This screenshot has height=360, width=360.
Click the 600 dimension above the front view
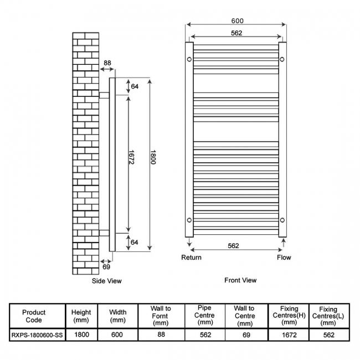coord(238,21)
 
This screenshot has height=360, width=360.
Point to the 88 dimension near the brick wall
coord(107,63)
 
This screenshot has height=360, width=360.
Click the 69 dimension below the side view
coord(106,267)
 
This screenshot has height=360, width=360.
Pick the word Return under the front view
coord(191,258)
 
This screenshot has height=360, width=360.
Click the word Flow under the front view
coord(284,258)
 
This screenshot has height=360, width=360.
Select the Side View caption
coord(106,281)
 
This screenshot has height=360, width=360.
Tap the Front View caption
coord(240,280)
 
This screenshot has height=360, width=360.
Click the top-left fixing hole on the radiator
coord(189,59)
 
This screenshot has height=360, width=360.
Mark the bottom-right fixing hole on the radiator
coord(282,220)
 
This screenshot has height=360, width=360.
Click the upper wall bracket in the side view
coord(104,95)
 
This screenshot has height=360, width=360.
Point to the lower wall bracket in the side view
coord(104,232)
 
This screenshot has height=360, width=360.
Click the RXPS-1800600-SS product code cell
coord(36,335)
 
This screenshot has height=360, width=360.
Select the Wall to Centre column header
coord(244,316)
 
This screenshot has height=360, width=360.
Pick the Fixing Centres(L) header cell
coord(328,316)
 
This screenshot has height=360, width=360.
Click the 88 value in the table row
coord(161,335)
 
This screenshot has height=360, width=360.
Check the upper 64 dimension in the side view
coord(135,86)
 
